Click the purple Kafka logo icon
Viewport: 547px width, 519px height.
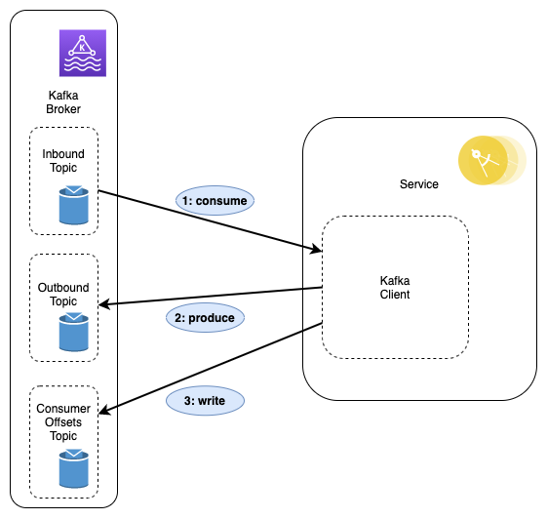(83, 53)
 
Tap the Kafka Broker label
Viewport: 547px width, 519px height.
(63, 102)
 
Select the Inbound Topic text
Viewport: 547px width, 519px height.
(63, 161)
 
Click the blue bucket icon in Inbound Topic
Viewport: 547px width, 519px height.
(73, 205)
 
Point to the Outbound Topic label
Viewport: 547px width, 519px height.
(63, 295)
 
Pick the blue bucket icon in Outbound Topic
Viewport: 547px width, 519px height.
(73, 332)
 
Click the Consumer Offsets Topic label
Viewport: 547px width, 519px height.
(63, 422)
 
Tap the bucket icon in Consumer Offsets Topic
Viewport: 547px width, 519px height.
(73, 468)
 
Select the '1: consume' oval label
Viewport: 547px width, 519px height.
(215, 201)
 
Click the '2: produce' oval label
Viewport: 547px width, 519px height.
(205, 318)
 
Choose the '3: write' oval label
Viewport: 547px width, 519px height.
(205, 400)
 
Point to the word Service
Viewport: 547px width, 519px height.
(419, 184)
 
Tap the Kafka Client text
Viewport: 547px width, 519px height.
(395, 287)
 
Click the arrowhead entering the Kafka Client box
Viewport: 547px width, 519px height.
(317, 249)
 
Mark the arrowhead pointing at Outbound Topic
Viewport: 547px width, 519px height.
(104, 304)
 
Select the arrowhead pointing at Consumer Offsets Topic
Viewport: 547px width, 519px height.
(104, 411)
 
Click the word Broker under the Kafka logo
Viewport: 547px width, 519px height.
(63, 109)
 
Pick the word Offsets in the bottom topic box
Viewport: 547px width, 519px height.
(63, 422)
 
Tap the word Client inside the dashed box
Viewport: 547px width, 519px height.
(395, 295)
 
